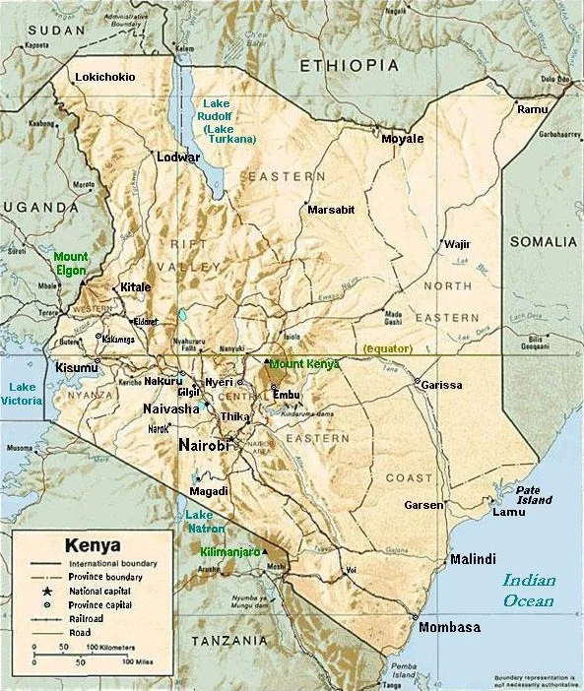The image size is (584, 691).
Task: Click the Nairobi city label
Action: [204, 446]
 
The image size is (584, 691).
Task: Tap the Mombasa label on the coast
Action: [449, 628]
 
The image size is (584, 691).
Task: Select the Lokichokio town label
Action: [105, 77]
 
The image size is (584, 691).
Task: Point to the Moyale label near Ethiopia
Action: [402, 139]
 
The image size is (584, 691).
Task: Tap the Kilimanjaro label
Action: [229, 552]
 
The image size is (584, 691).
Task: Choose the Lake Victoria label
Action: [23, 394]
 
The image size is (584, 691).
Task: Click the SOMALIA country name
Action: [543, 242]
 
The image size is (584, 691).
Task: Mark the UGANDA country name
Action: [36, 206]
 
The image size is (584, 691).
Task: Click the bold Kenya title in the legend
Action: [93, 544]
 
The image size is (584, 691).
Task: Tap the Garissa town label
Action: [440, 385]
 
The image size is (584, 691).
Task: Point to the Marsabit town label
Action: [331, 210]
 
